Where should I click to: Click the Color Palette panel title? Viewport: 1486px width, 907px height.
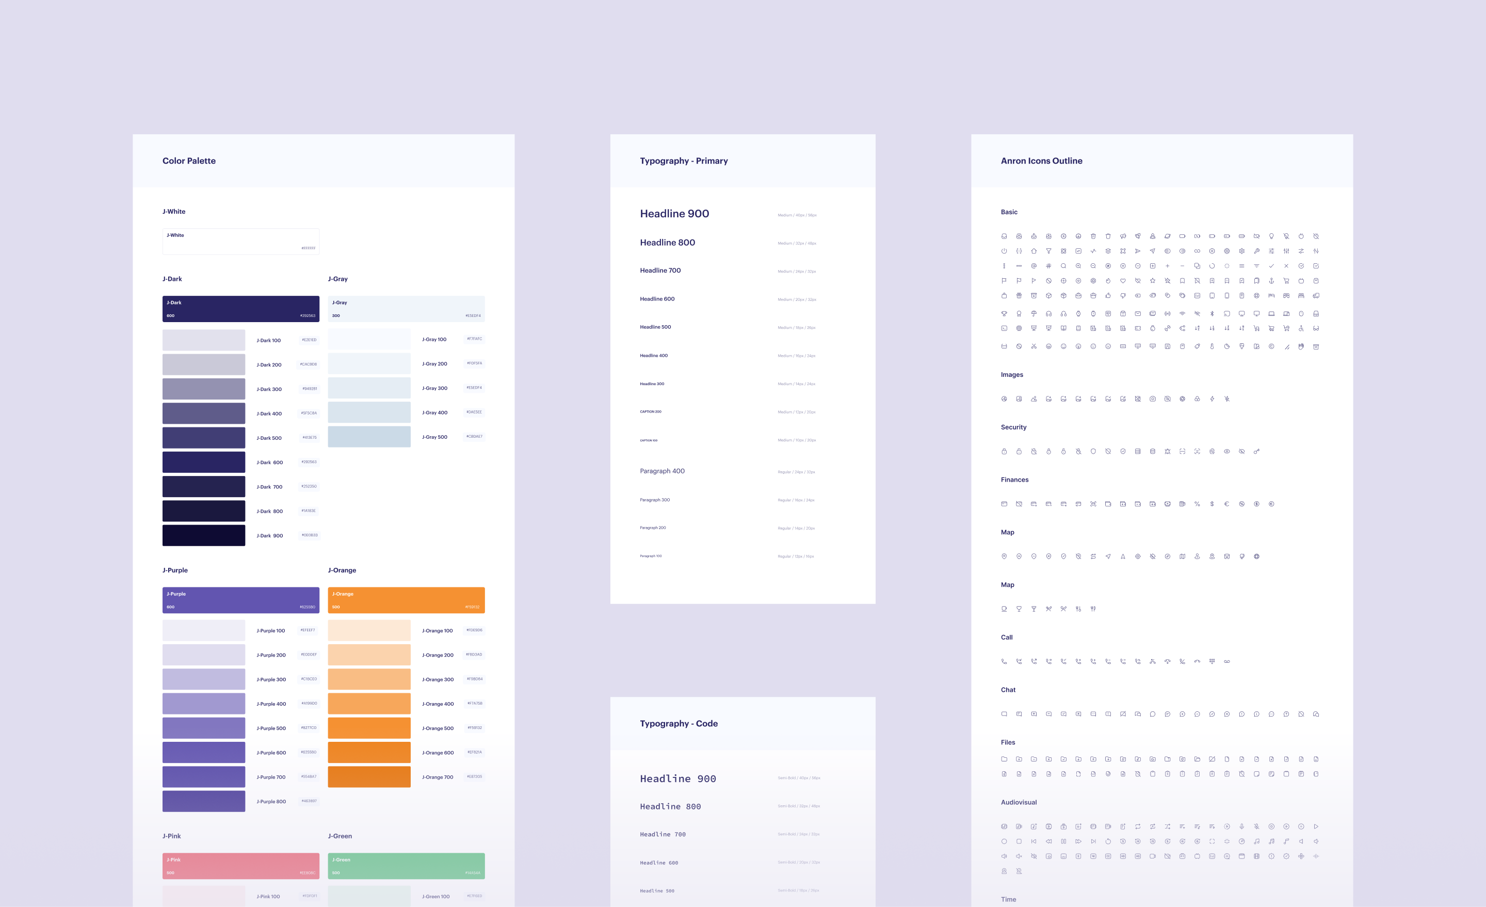[x=189, y=161]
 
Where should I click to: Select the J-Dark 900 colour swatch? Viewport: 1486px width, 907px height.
[x=203, y=535]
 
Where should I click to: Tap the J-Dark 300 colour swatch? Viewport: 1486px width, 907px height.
[x=203, y=389]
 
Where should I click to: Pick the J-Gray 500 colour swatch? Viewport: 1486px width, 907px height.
[x=369, y=437]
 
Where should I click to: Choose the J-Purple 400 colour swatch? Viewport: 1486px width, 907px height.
[x=203, y=704]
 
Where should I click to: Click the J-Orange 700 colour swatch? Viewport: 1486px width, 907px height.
[x=369, y=776]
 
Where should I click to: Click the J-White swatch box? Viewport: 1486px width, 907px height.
[x=240, y=242]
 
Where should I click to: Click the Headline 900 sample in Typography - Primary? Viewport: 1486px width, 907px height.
[x=674, y=214]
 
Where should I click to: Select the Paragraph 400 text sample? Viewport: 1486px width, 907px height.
[x=662, y=471]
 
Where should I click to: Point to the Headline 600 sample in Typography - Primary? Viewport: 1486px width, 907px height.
[x=657, y=299]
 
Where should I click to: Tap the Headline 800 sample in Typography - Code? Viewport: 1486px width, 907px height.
[x=670, y=807]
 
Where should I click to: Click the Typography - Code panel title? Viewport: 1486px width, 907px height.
[x=679, y=724]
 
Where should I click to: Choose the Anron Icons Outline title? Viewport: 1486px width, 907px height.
[x=1041, y=161]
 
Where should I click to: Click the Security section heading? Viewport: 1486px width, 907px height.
[x=1013, y=427]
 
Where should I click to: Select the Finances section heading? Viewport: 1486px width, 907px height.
[x=1014, y=480]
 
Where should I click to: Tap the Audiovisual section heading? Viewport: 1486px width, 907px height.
[x=1019, y=803]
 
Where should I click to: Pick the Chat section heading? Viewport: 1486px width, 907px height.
[x=1008, y=690]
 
